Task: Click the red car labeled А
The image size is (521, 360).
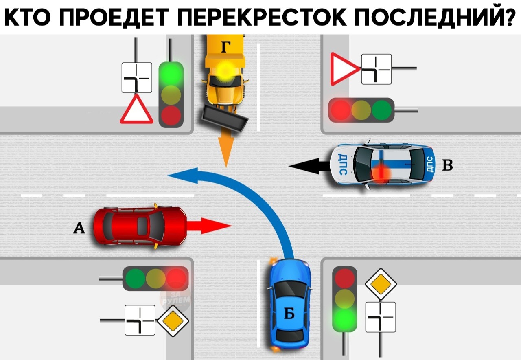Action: pyautogui.click(x=140, y=226)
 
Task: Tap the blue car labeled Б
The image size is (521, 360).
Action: pyautogui.click(x=290, y=305)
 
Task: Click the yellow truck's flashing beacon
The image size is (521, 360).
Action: pyautogui.click(x=225, y=70)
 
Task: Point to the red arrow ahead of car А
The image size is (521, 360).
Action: pyautogui.click(x=209, y=226)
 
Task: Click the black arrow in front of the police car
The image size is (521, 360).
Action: pyautogui.click(x=309, y=166)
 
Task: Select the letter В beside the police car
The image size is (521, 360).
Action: pyautogui.click(x=447, y=165)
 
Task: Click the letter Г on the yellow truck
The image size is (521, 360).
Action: pyautogui.click(x=226, y=47)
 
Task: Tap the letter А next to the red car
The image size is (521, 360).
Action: pyautogui.click(x=79, y=228)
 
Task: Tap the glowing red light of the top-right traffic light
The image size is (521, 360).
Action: pyautogui.click(x=341, y=110)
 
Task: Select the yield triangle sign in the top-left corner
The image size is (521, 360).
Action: pyautogui.click(x=136, y=110)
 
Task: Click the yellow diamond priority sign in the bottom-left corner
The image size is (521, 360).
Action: pyautogui.click(x=173, y=321)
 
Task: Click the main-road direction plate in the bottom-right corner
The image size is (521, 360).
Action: pyautogui.click(x=381, y=317)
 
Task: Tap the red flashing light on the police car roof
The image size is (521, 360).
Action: pyautogui.click(x=380, y=172)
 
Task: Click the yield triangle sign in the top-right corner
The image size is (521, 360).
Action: pyautogui.click(x=344, y=69)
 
